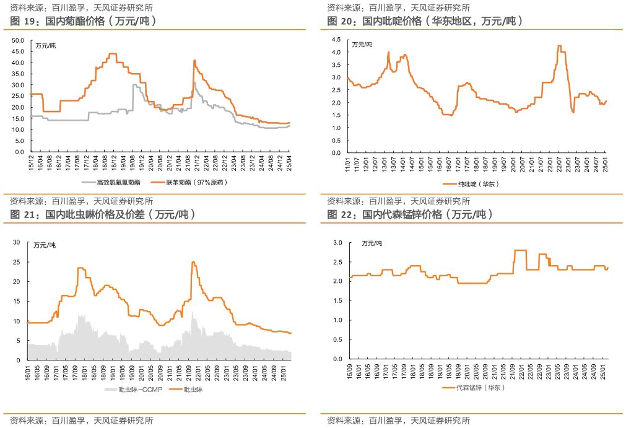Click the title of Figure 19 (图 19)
(83, 21)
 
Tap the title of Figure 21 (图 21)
(103, 214)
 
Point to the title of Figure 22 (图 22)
(410, 214)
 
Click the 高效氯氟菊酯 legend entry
(111, 183)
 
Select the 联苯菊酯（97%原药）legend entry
(189, 183)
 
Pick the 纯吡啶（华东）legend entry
(471, 184)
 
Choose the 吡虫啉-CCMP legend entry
(134, 389)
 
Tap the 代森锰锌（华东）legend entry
(474, 387)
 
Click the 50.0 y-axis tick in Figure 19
(18, 40)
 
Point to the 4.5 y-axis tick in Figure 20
(336, 39)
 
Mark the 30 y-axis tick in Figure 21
(16, 242)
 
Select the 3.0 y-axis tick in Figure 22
(337, 242)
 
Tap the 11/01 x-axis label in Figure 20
(347, 165)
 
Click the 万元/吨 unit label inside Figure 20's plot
(362, 45)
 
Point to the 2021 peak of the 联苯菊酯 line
(194, 60)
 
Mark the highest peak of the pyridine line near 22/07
(559, 46)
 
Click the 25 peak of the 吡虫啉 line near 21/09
(193, 262)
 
